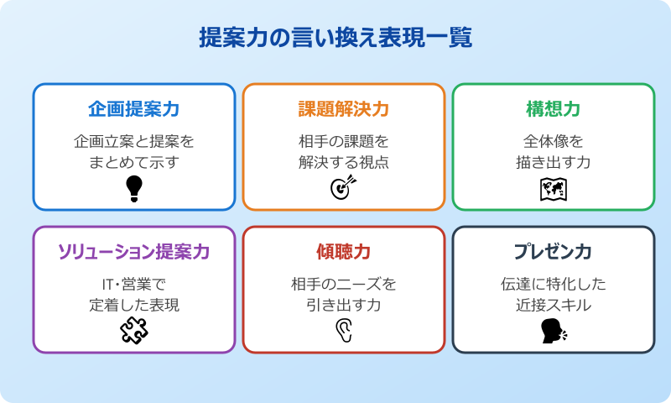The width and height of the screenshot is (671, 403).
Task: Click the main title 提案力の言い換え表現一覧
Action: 335,38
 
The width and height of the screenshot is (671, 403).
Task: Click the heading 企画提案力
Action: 134,109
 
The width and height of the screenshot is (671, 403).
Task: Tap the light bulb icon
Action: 134,189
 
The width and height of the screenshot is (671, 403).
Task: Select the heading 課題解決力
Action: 344,109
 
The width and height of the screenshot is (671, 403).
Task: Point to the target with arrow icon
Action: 344,188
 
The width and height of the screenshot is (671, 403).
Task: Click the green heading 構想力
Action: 554,109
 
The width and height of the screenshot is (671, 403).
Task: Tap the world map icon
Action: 554,190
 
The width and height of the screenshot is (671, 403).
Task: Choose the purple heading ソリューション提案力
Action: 134,252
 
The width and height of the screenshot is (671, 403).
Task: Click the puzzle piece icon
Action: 134,331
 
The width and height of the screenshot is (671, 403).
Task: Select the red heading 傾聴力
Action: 344,252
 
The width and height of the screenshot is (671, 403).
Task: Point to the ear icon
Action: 344,332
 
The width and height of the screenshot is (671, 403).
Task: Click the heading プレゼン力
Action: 554,252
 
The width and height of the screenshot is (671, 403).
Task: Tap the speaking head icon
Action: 554,331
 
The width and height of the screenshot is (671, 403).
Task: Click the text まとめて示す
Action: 134,162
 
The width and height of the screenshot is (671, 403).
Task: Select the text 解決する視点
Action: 344,162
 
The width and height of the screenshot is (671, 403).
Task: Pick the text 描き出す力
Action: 554,162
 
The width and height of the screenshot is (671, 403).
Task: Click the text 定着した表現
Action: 134,305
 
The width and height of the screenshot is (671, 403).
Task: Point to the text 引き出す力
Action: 344,305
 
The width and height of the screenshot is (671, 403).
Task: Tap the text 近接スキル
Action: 554,305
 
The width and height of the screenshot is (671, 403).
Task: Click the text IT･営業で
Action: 134,284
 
